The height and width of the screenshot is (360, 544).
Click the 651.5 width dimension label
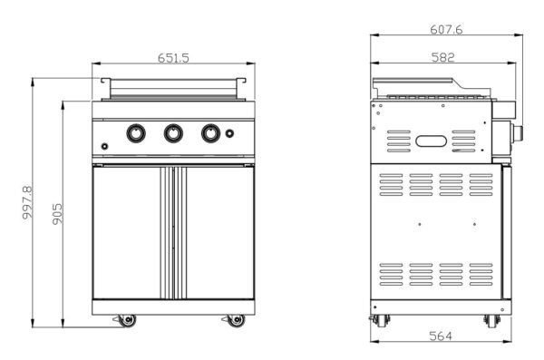point(173,58)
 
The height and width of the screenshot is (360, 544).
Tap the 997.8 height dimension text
point(27,203)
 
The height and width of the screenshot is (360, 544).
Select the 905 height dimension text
point(58,214)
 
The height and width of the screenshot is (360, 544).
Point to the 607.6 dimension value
point(446,30)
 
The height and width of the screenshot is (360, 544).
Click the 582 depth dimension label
point(443,57)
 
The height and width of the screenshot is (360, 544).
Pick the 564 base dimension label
point(441,336)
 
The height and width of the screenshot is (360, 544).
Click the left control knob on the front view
point(136,133)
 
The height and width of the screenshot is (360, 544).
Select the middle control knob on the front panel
point(173,133)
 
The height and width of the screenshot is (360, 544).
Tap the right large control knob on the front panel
point(210,133)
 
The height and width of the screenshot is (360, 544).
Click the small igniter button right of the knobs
point(229,133)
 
